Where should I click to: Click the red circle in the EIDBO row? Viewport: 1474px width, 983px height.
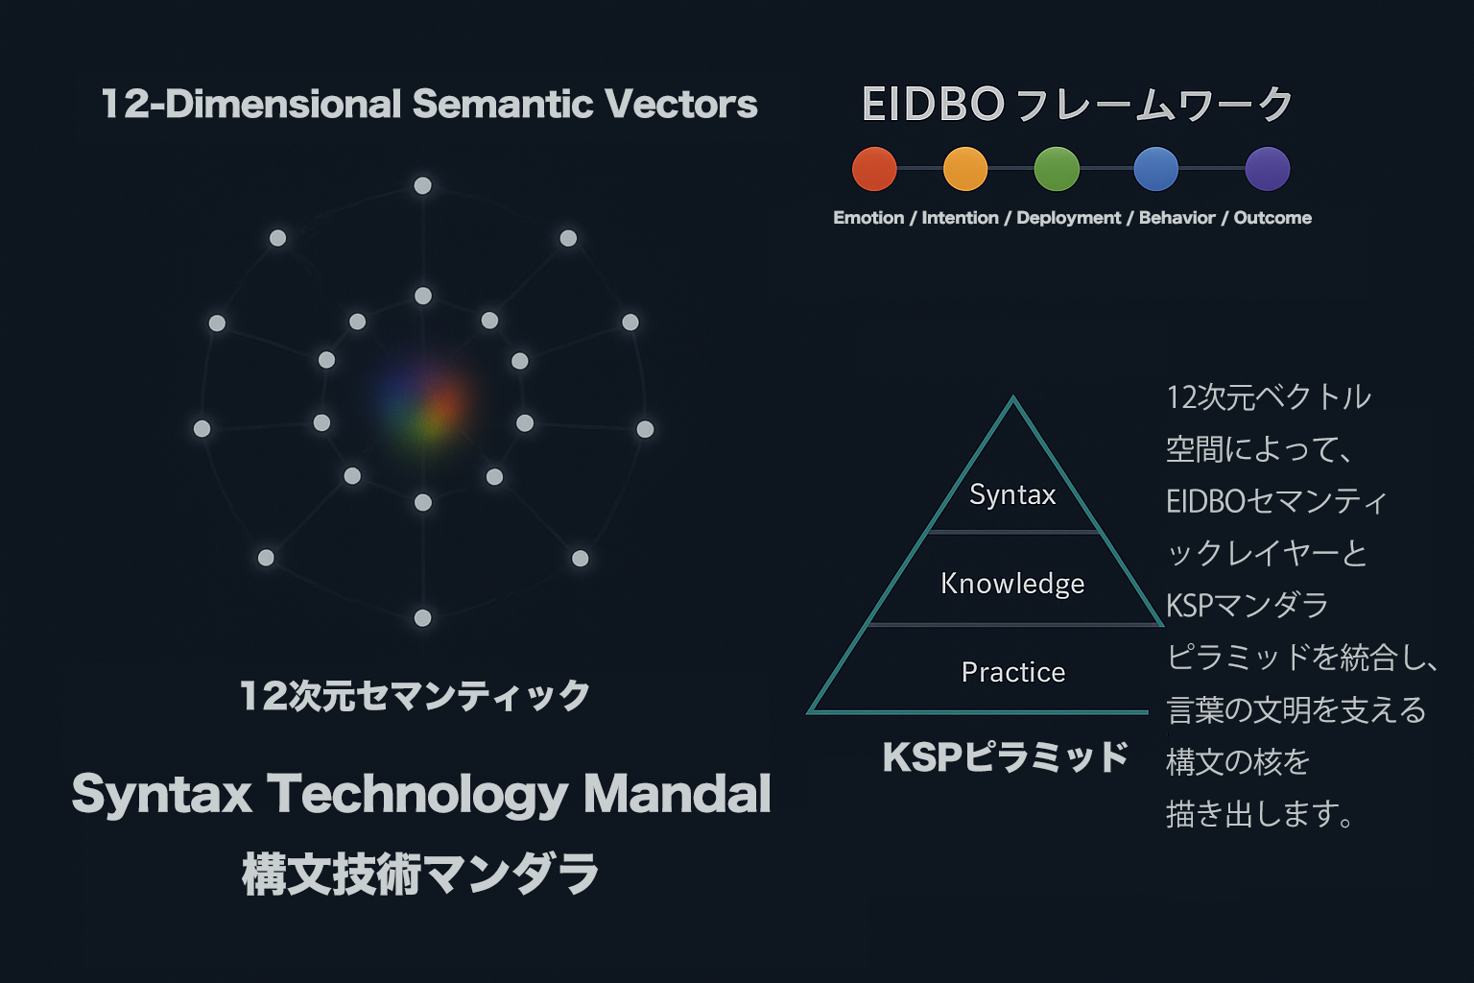click(874, 169)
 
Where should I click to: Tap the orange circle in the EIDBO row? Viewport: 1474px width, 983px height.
click(965, 169)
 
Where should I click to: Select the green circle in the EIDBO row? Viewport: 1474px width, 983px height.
click(1057, 169)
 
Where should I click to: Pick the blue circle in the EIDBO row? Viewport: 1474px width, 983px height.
click(1156, 169)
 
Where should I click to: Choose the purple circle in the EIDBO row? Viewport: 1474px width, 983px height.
click(1268, 169)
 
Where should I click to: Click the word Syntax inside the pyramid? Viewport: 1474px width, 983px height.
click(1012, 495)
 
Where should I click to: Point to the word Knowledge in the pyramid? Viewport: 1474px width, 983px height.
click(1012, 584)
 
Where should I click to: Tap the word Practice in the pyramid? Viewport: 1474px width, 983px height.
click(1012, 672)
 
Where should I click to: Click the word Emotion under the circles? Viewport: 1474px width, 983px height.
click(868, 218)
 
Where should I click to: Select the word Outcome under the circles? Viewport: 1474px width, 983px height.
click(1272, 218)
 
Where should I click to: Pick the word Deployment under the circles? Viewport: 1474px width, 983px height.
click(1069, 219)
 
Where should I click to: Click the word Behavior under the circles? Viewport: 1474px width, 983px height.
click(1177, 218)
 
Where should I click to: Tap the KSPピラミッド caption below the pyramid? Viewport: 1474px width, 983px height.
click(1005, 757)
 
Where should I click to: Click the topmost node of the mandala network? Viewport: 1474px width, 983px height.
click(422, 185)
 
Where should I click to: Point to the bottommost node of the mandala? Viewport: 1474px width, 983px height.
click(422, 617)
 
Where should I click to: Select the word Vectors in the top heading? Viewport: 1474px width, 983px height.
click(681, 104)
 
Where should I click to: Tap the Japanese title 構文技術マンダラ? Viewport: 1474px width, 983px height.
click(419, 874)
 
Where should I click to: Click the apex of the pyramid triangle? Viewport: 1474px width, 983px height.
click(1013, 397)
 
